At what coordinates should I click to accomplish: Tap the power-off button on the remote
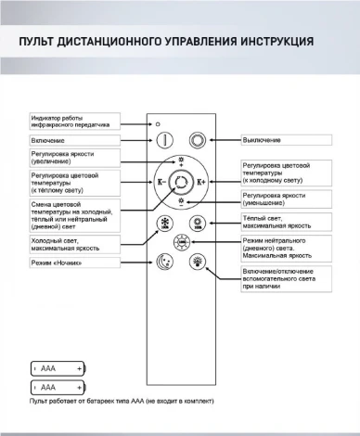pos(197,140)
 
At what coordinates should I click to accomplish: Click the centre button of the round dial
pos(182,182)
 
